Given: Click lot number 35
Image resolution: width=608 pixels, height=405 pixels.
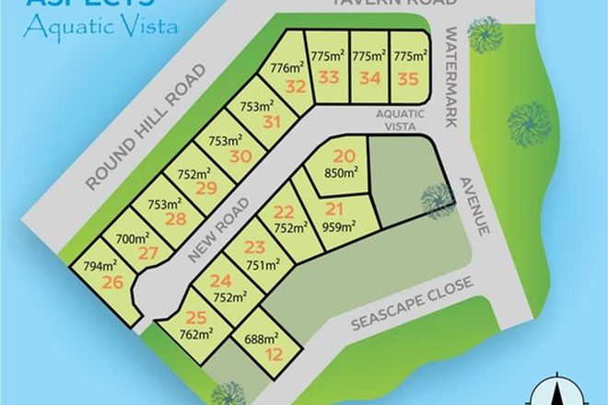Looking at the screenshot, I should [406, 79].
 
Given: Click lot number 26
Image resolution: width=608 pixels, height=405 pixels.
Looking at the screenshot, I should [112, 282].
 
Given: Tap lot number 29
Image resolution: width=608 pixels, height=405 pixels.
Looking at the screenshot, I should [206, 188].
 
